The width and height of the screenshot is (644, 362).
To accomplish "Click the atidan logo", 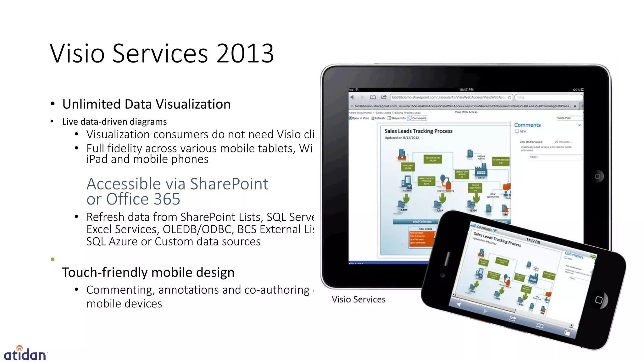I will [25, 354].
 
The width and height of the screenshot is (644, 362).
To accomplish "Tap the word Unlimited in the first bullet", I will [91, 104].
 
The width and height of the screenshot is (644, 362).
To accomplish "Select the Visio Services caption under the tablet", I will [358, 299].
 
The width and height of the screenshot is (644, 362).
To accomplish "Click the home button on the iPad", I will [597, 176].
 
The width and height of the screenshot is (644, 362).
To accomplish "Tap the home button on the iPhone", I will [599, 300].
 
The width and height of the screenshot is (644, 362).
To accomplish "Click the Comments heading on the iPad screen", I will [527, 125].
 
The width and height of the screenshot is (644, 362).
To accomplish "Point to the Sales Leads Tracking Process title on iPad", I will [418, 131].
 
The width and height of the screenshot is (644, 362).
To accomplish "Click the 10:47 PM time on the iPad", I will [466, 90].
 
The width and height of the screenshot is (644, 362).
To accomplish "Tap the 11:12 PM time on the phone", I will [533, 241].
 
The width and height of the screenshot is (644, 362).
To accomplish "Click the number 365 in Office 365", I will [167, 199].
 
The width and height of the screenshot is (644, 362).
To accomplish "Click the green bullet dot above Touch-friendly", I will [53, 259].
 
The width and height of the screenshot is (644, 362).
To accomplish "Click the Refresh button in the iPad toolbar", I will [378, 118].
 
